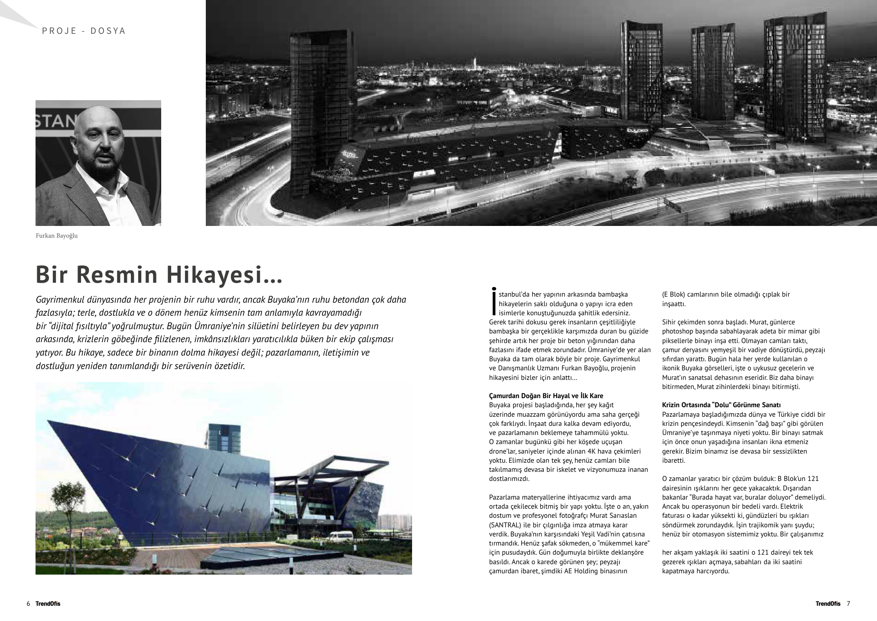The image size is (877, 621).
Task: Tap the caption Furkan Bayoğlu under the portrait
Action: click(x=56, y=236)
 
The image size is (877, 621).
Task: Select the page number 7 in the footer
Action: click(x=848, y=604)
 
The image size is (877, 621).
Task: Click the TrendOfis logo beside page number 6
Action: click(x=48, y=604)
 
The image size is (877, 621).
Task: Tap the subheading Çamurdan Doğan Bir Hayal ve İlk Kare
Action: click(x=546, y=396)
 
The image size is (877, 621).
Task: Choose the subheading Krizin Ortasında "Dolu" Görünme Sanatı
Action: click(x=721, y=405)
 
